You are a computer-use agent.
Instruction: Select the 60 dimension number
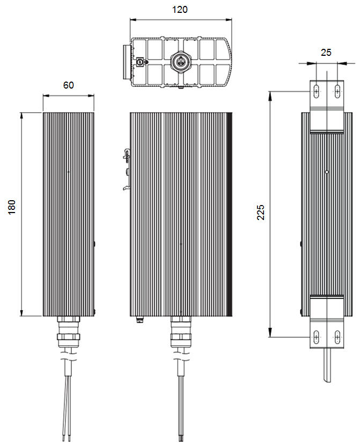68,85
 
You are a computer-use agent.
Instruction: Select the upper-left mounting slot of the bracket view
317,90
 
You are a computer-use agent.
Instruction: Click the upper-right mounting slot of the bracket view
337,90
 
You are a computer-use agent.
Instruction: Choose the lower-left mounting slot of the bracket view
317,337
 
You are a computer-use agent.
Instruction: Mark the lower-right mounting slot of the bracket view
337,337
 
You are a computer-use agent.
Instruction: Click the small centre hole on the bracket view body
327,172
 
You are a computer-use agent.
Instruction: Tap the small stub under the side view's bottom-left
139,320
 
